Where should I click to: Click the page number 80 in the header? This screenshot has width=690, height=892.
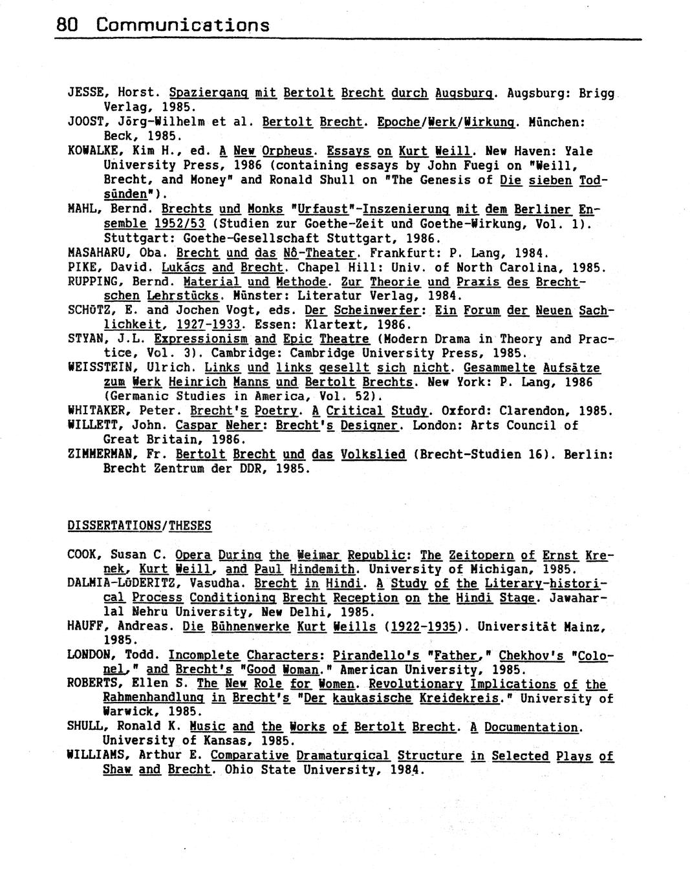tap(67, 25)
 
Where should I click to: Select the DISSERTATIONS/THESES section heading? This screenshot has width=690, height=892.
tap(139, 526)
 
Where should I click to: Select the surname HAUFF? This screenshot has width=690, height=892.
tap(85, 626)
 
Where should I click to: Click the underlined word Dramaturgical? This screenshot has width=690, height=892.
tap(343, 756)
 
